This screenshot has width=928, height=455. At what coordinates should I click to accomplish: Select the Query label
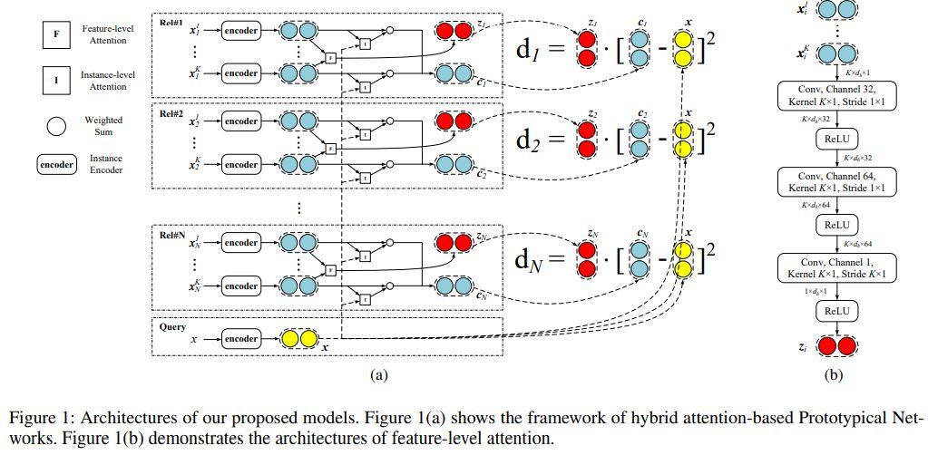[x=172, y=326]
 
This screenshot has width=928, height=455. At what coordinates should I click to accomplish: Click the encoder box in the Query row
[x=241, y=339]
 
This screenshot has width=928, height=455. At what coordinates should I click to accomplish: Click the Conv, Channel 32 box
[x=835, y=95]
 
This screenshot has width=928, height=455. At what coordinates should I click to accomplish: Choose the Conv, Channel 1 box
[x=835, y=266]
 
